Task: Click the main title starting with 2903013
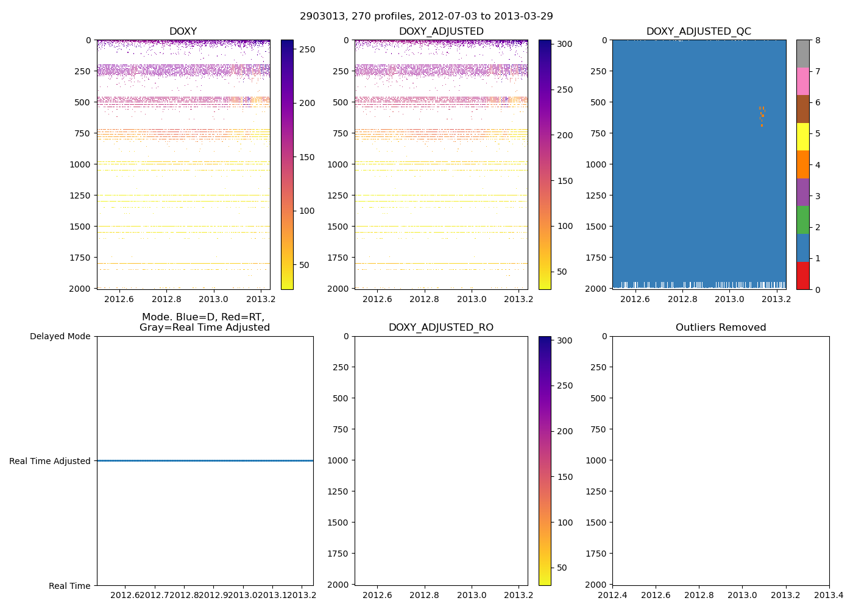click(x=426, y=16)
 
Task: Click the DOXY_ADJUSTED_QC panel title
click(x=698, y=32)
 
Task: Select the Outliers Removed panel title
click(x=720, y=328)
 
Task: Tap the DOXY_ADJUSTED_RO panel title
click(x=441, y=328)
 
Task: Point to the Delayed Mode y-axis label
click(x=60, y=336)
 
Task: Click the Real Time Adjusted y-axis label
click(x=49, y=461)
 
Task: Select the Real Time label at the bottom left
click(x=69, y=586)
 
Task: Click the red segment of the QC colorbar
click(x=802, y=275)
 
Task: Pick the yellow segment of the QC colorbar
click(x=802, y=136)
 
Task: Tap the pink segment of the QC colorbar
click(x=802, y=81)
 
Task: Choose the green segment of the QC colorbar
click(x=802, y=220)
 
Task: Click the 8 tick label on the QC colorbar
click(x=818, y=40)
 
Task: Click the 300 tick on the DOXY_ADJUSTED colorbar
click(x=565, y=44)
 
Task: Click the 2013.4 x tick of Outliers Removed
click(x=829, y=595)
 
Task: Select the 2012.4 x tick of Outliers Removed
click(x=612, y=595)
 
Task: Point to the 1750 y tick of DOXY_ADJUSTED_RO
click(x=339, y=554)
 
